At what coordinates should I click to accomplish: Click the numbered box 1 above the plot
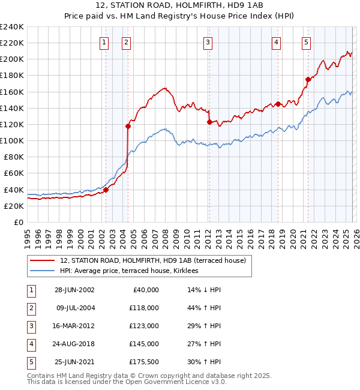point(104,42)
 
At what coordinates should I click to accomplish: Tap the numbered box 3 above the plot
point(207,42)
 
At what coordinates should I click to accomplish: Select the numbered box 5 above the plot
point(306,42)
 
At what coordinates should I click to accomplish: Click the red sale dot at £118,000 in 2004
point(128,126)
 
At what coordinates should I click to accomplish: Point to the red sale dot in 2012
point(209,122)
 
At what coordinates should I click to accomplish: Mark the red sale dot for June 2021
point(308,79)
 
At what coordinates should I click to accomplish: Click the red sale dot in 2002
point(106,190)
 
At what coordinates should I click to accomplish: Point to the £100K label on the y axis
point(11,140)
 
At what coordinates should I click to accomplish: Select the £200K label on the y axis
point(11,59)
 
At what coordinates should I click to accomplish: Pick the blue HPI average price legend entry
point(133,271)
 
